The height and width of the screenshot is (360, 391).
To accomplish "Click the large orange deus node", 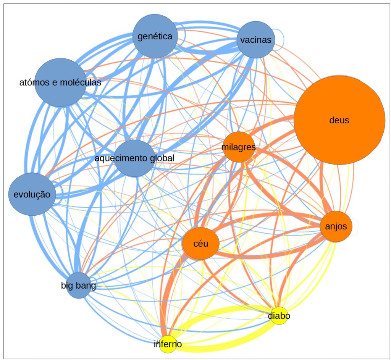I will [x=339, y=120].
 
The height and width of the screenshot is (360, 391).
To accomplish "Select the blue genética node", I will [x=155, y=36].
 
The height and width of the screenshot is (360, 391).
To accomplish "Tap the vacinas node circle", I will [x=256, y=40].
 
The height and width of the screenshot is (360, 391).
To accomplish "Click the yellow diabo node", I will [x=279, y=316].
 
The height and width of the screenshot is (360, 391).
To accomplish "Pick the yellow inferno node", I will [x=168, y=344].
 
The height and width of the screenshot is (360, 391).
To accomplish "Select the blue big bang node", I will [x=79, y=285].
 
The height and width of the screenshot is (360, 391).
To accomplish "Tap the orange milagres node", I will [x=239, y=147].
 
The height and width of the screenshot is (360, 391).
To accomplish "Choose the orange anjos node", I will [x=336, y=226].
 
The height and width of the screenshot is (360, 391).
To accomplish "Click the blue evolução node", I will [x=32, y=194].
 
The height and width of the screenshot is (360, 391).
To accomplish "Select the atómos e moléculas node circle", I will [x=60, y=82].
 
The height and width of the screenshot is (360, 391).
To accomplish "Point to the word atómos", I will [x=33, y=82].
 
